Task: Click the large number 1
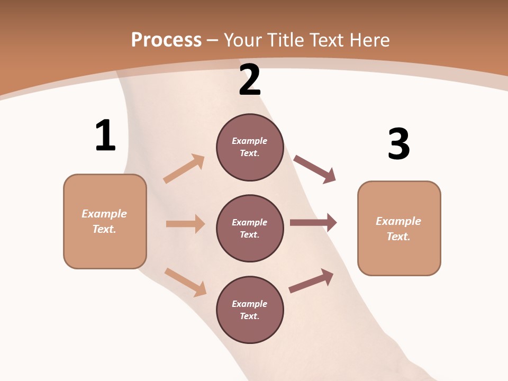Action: click(105, 136)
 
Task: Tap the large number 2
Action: click(250, 80)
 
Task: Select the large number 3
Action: click(398, 144)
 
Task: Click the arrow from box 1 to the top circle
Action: click(184, 168)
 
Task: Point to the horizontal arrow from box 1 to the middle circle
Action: click(185, 224)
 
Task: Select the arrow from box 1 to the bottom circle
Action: click(185, 282)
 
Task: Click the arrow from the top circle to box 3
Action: click(315, 169)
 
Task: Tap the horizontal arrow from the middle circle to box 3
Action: click(313, 223)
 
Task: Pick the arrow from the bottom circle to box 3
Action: click(311, 280)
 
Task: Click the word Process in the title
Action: click(166, 40)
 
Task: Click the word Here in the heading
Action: click(369, 40)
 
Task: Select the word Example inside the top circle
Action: click(250, 141)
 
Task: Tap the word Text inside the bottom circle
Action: click(250, 316)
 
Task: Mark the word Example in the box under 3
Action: click(398, 221)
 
